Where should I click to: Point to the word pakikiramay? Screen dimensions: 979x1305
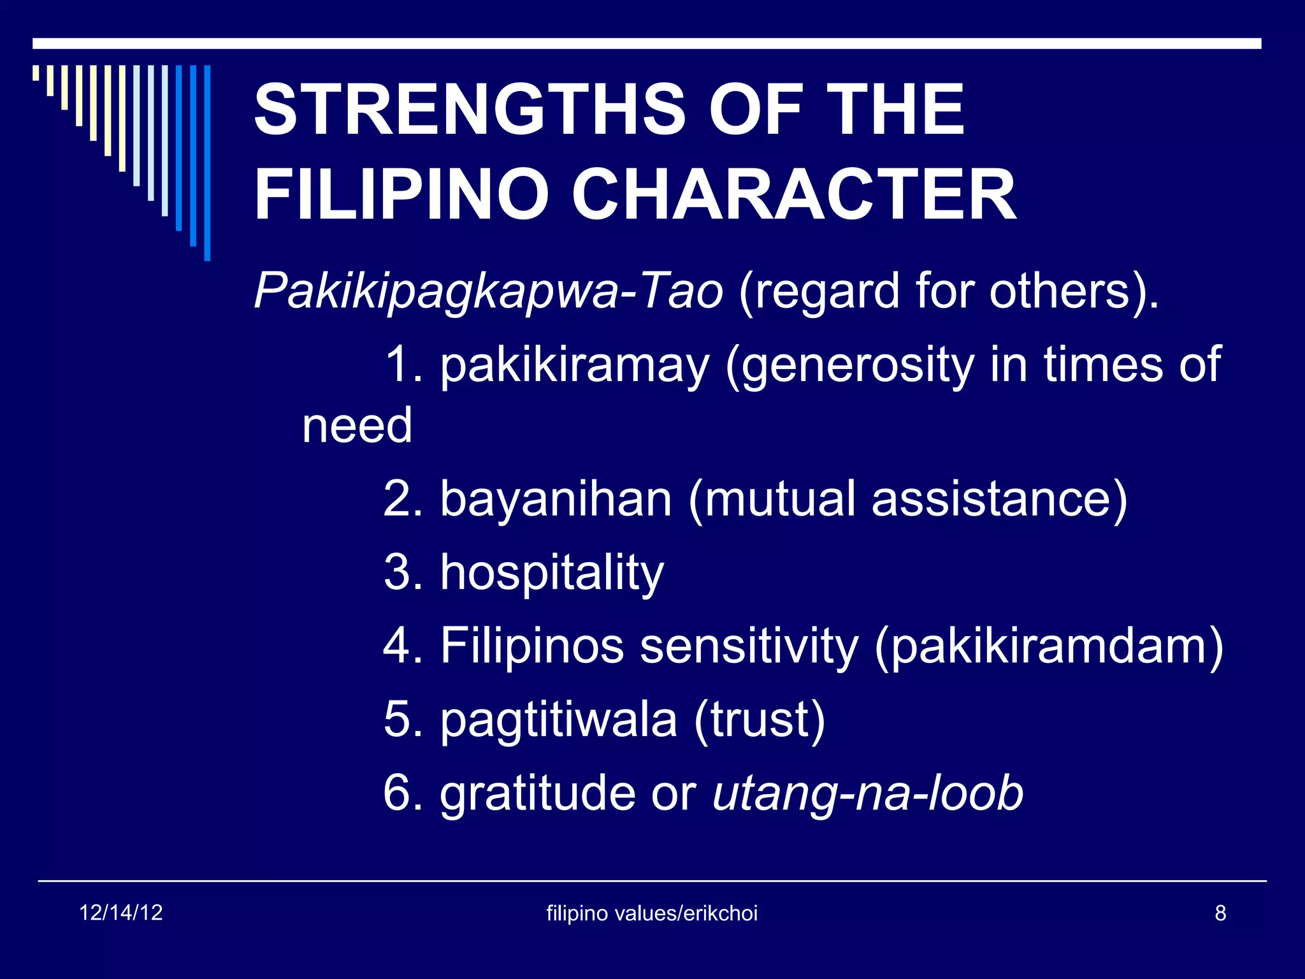point(574,365)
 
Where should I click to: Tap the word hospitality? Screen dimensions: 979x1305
point(552,572)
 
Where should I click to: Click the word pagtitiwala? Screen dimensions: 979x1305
point(558,720)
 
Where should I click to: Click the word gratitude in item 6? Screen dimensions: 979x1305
point(538,794)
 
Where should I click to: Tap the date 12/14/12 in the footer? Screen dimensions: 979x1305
point(121,913)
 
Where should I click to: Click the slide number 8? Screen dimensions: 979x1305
point(1220,913)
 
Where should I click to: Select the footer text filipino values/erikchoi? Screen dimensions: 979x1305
point(652,913)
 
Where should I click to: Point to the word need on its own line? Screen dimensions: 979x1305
point(357,426)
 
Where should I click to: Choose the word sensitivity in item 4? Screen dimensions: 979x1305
point(749,646)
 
